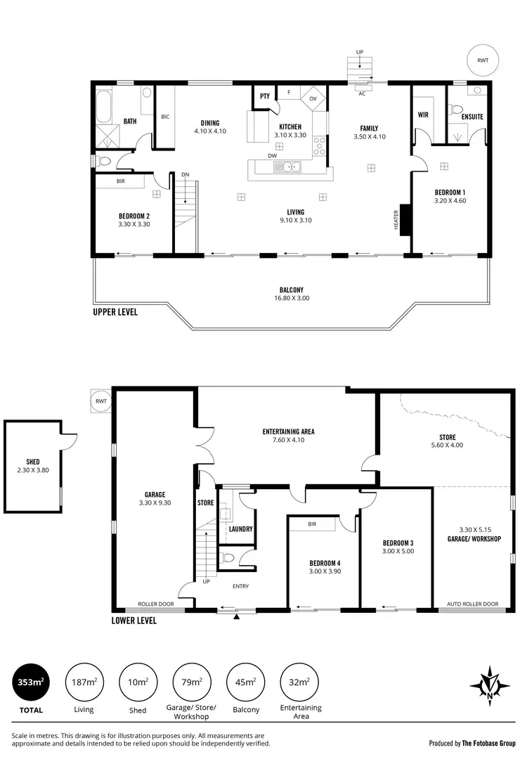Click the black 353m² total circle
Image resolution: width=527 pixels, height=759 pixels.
pos(28,682)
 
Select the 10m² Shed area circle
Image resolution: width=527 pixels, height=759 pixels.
pos(138,682)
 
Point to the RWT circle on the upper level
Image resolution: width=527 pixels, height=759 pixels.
pos(483,61)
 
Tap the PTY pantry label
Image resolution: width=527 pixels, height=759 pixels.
pos(265,96)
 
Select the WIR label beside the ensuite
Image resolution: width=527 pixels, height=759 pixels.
pos(424,114)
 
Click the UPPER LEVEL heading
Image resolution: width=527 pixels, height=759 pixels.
pos(115,311)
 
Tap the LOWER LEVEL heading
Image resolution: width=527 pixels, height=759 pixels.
pos(134,621)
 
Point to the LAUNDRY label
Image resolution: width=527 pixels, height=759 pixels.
pos(240,529)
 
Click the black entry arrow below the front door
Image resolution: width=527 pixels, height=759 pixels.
pos(237,617)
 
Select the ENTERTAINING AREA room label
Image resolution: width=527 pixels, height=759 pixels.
pos(288,436)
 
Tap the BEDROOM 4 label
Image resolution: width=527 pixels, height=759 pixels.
pos(325,567)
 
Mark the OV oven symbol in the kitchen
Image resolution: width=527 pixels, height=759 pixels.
pos(313,98)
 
